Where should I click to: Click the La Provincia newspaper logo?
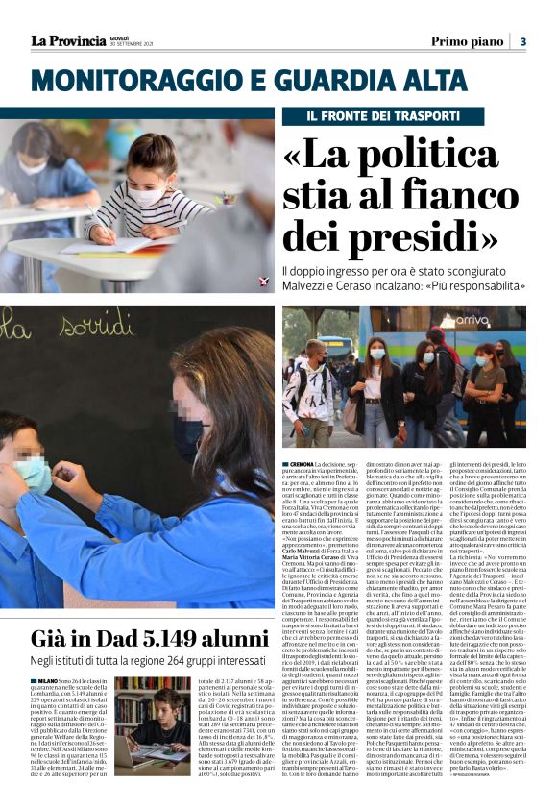68,40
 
